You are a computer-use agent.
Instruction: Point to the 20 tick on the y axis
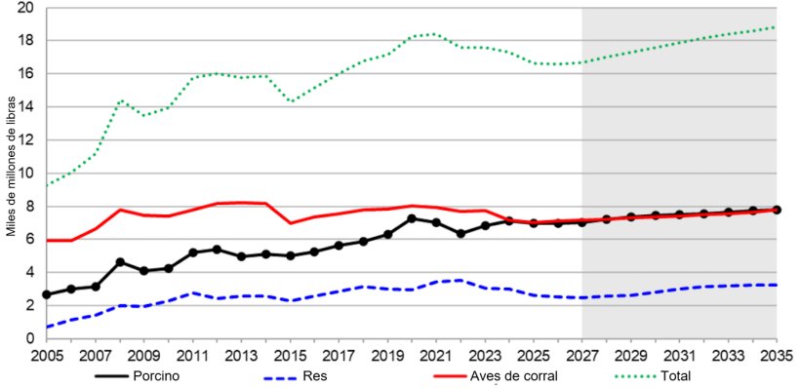coord(26,8)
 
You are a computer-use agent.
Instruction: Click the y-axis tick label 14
coord(26,107)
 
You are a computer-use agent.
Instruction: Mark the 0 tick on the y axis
coord(30,338)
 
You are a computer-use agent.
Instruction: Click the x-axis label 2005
coord(46,354)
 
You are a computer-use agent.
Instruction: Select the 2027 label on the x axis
coord(582,354)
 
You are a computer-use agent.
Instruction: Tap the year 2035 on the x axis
coord(777,354)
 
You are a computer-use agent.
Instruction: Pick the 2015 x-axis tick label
coord(290,354)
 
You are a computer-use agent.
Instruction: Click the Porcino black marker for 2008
coord(119,262)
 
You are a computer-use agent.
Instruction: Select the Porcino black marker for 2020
coord(412,218)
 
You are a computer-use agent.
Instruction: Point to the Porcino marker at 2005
coord(46,294)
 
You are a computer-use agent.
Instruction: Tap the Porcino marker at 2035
coord(777,210)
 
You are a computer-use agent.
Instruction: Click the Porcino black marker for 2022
coord(460,234)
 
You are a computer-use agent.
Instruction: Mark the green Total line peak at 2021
coord(436,34)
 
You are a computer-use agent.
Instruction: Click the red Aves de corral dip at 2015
coord(290,223)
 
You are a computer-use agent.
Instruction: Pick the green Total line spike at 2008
coord(119,100)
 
